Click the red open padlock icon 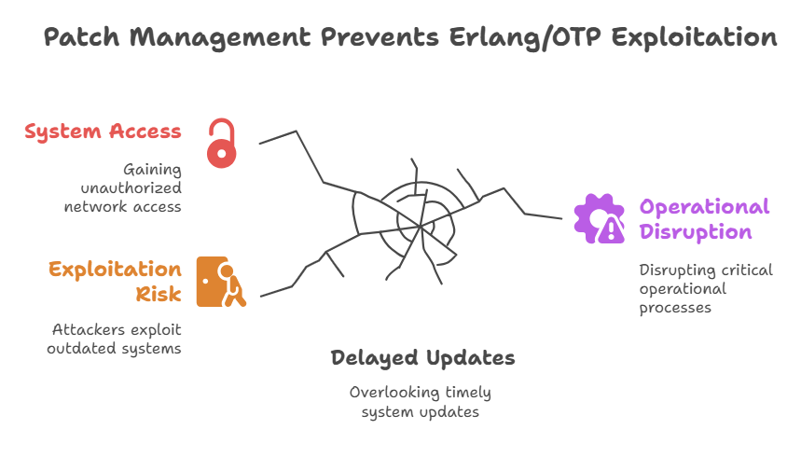click(x=222, y=144)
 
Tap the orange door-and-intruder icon click(x=221, y=282)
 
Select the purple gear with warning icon click(x=600, y=218)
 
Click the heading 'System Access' click(x=103, y=132)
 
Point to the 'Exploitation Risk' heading click(x=115, y=282)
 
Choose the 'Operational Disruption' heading click(x=704, y=219)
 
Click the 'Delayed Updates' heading click(x=422, y=358)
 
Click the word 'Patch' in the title click(x=82, y=37)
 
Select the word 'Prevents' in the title click(x=380, y=37)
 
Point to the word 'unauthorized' click(x=131, y=188)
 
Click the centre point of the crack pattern click(x=420, y=226)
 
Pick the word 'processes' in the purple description click(x=675, y=308)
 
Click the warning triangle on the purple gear click(x=611, y=230)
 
